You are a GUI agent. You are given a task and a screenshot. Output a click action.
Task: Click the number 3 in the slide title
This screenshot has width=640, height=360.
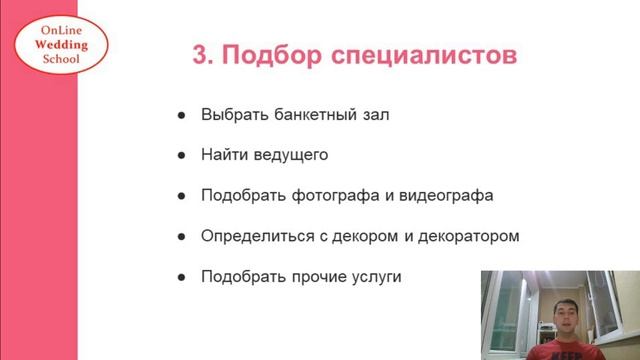click(x=201, y=54)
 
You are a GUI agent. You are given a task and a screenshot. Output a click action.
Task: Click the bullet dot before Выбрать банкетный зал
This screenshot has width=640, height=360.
click(x=181, y=115)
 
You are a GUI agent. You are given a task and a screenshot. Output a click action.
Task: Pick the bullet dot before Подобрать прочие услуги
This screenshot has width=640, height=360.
click(x=181, y=276)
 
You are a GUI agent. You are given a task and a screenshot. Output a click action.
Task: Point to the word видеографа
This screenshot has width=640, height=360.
click(x=446, y=196)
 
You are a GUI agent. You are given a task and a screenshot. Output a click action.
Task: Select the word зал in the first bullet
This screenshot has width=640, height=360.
click(x=375, y=115)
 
